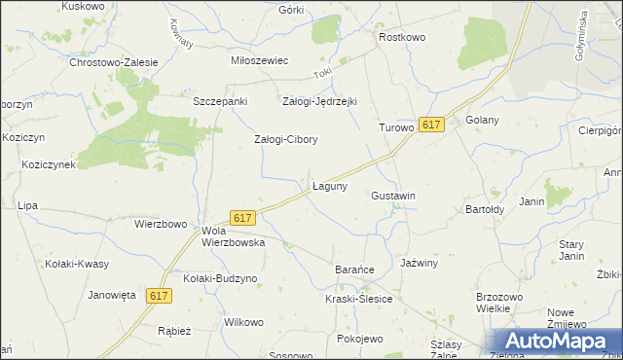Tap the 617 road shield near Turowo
click(x=432, y=125)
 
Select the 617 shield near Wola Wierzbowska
click(x=243, y=218)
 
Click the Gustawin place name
click(x=393, y=196)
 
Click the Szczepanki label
click(x=221, y=101)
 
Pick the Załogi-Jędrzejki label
click(x=320, y=101)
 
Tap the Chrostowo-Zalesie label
click(x=114, y=62)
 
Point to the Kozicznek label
click(x=49, y=165)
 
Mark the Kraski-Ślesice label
click(x=359, y=299)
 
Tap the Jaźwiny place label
click(x=421, y=263)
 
